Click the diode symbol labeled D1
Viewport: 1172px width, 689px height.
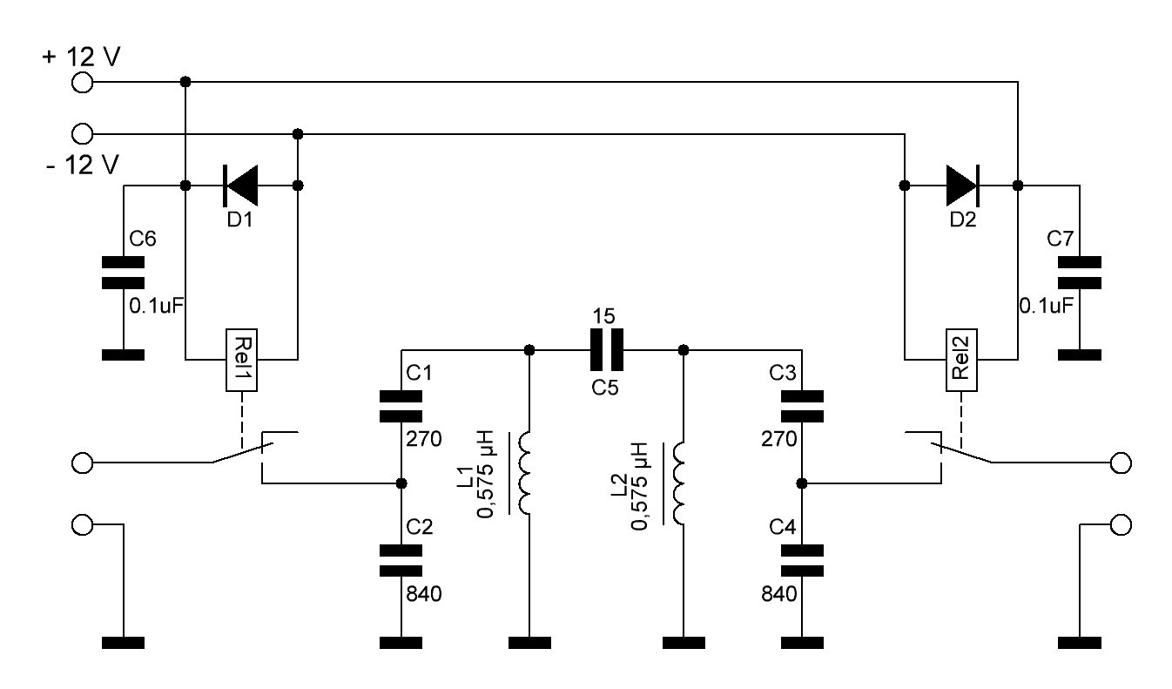[240, 186]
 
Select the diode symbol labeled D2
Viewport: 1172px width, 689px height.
[963, 186]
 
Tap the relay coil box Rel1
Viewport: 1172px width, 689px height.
[241, 361]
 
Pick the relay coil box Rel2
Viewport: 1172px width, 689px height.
[961, 361]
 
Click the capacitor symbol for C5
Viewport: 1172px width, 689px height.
[606, 350]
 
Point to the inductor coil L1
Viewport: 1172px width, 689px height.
[524, 473]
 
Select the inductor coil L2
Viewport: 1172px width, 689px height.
[678, 483]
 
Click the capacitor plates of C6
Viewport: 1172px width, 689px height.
[123, 273]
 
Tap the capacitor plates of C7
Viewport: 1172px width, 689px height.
[1080, 273]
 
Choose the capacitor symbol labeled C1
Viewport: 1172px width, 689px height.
[401, 406]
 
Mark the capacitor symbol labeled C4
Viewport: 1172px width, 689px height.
[802, 561]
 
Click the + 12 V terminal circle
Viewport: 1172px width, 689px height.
[82, 82]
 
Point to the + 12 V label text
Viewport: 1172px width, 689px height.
[82, 57]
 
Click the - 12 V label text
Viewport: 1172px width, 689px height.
[83, 165]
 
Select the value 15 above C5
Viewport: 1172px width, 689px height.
[603, 316]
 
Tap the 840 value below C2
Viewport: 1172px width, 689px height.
[424, 594]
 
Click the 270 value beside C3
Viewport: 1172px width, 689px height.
[779, 439]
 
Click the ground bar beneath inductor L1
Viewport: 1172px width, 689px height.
[529, 643]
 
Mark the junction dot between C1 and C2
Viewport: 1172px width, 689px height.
[401, 483]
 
